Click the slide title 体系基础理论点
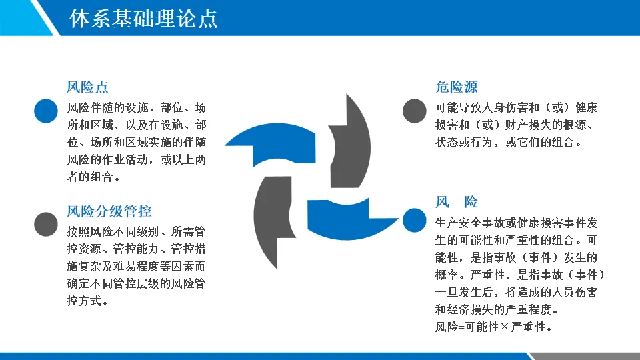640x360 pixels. [x=143, y=18]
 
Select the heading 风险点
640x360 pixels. [x=87, y=87]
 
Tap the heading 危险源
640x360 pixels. [x=457, y=87]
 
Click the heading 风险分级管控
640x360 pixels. [x=109, y=212]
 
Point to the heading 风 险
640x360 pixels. [x=457, y=202]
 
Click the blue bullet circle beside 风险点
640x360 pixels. [x=45, y=111]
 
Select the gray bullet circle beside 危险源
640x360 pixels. [x=414, y=111]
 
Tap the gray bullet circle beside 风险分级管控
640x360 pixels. [x=45, y=224]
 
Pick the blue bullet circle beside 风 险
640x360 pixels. [x=414, y=220]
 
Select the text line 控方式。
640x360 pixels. [x=87, y=301]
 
